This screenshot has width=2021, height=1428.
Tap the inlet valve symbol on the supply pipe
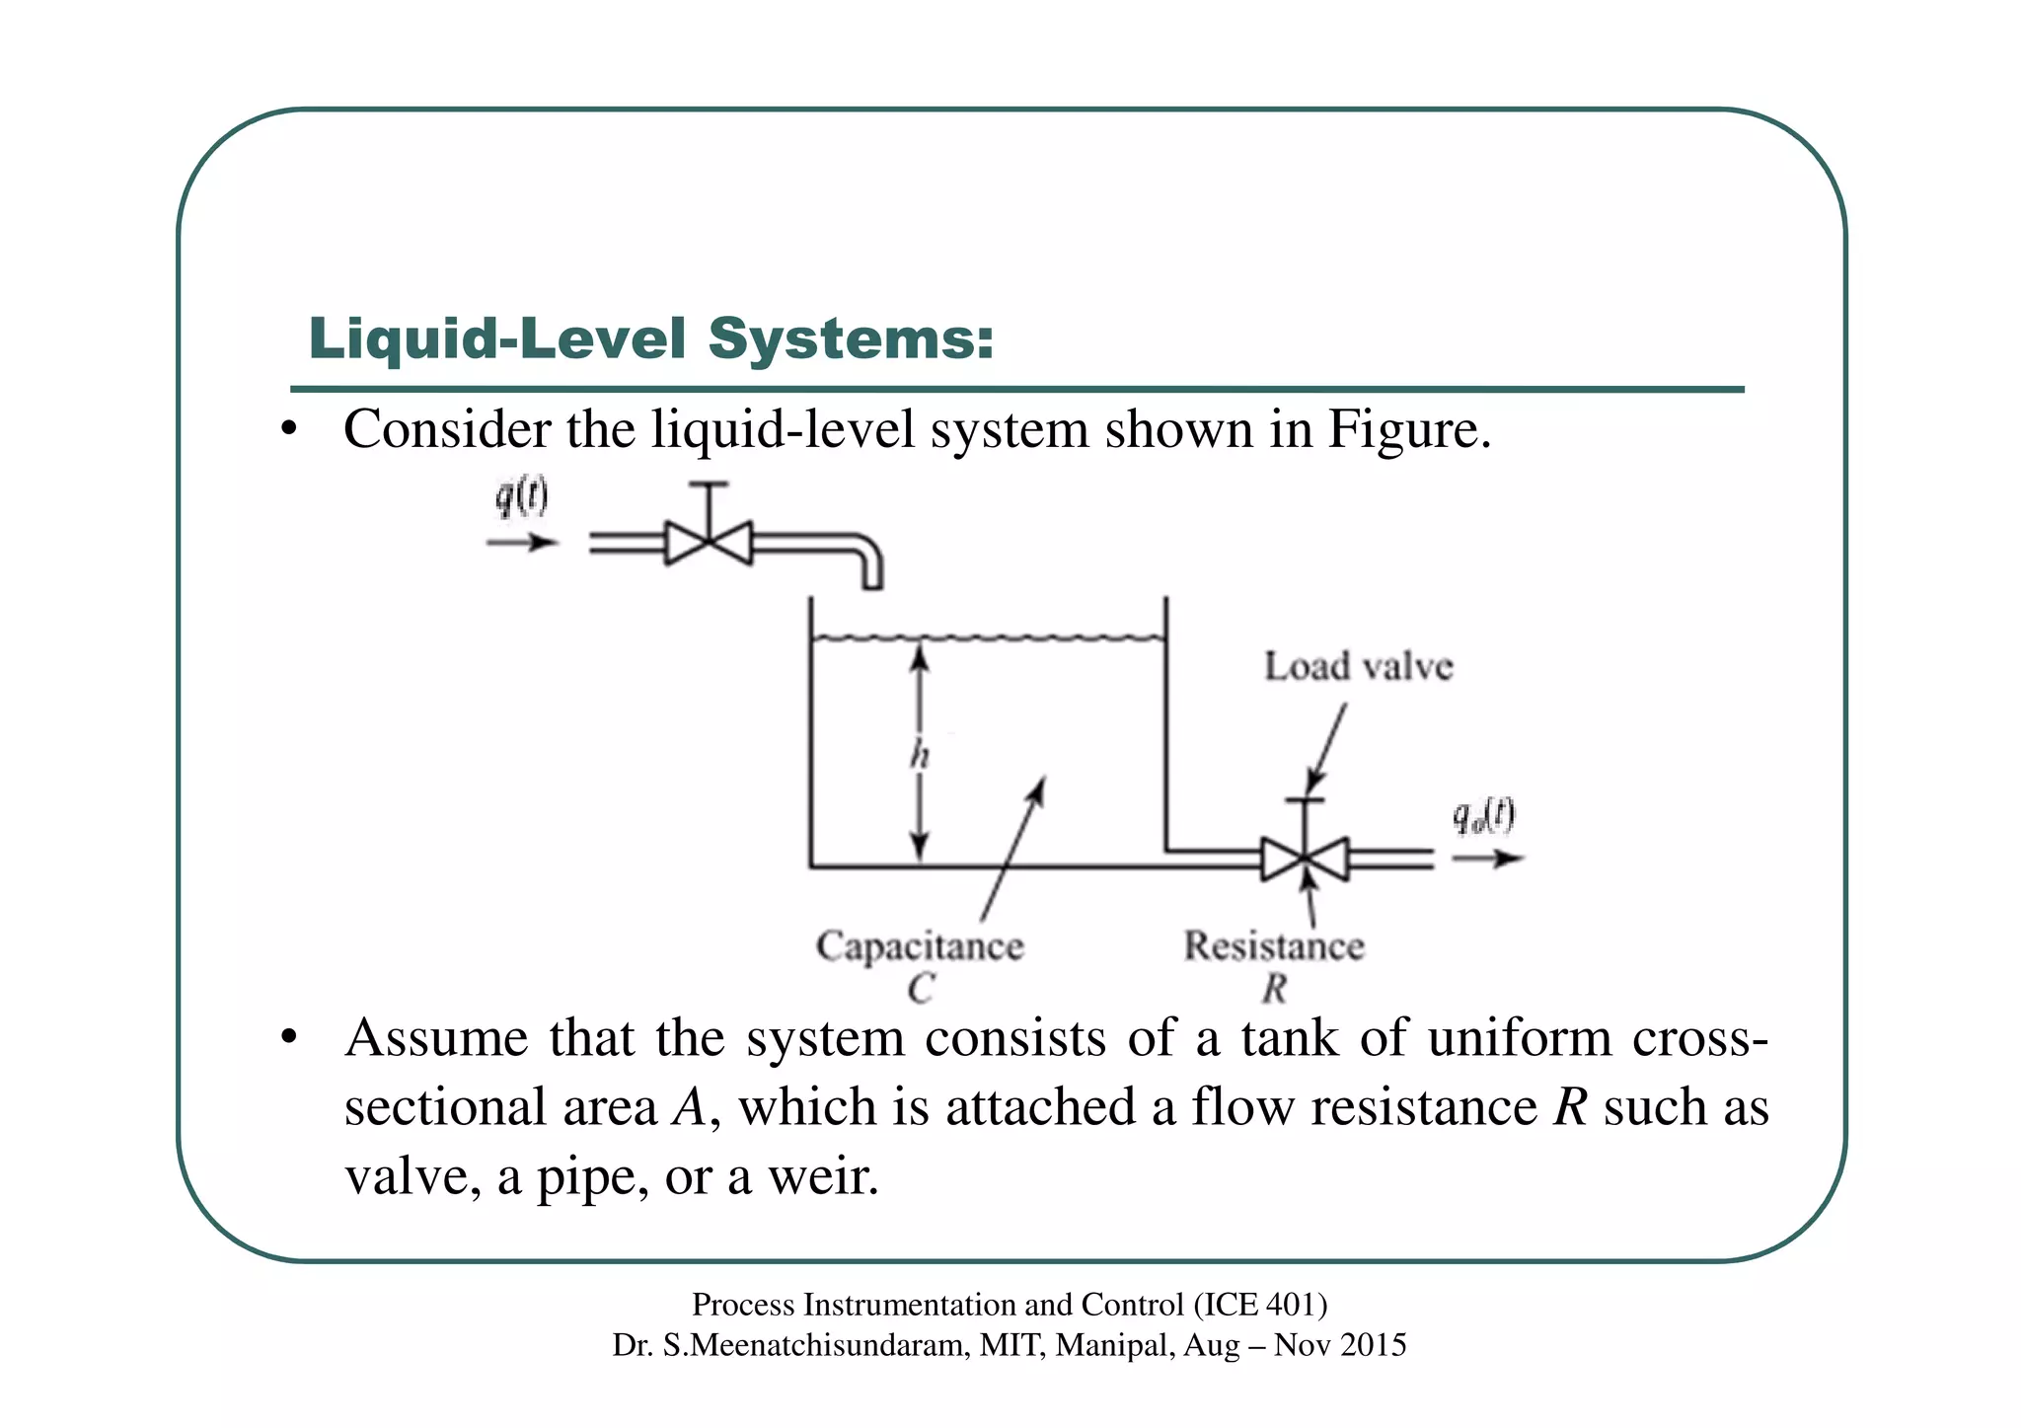(708, 542)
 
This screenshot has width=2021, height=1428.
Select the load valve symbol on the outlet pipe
(1305, 859)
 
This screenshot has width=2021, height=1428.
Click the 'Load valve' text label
(1359, 667)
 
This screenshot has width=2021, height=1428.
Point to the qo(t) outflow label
(1483, 817)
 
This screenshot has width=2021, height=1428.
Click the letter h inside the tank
(920, 756)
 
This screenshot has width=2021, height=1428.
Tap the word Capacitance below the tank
(920, 945)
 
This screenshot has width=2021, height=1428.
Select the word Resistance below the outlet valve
(1274, 945)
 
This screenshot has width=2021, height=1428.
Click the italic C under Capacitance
(921, 988)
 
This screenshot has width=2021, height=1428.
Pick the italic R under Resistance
(1274, 988)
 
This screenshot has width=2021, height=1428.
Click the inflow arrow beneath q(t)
(522, 542)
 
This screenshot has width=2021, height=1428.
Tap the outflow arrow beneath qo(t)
(1488, 859)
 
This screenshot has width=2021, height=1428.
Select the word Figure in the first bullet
(1408, 429)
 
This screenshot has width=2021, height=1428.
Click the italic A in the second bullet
(689, 1107)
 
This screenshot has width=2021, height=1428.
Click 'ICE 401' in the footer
(1259, 1305)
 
